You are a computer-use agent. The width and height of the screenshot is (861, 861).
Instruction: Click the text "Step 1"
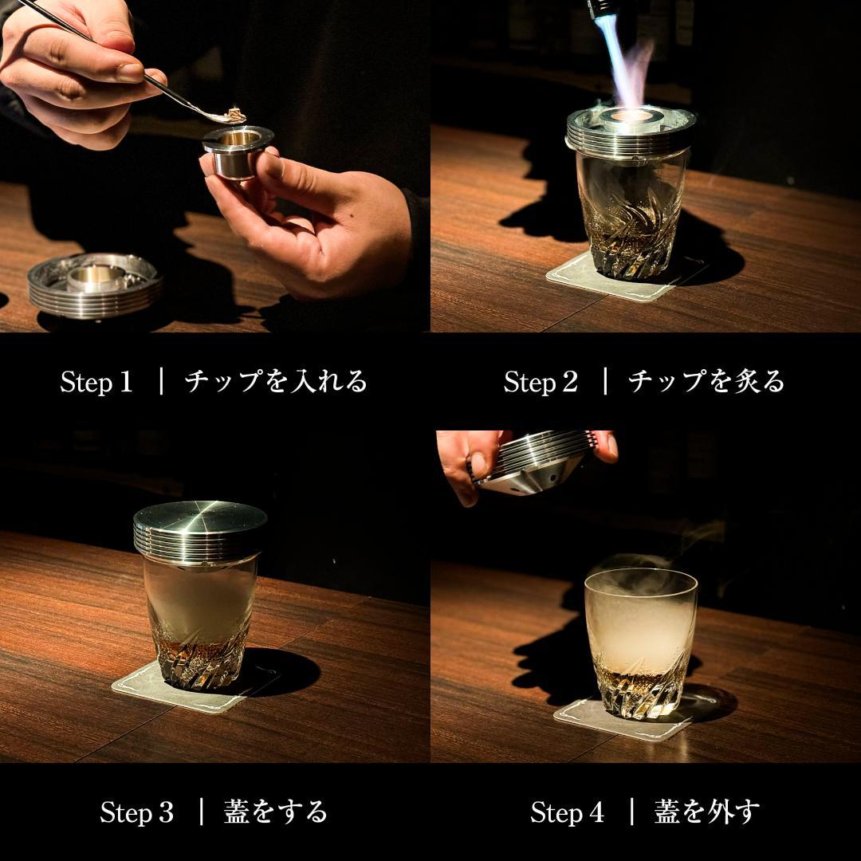coord(96,382)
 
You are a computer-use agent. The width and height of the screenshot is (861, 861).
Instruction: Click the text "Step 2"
coord(540,382)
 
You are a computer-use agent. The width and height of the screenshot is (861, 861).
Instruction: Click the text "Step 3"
coord(136,812)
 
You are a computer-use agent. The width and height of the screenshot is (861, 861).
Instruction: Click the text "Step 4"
coord(567,812)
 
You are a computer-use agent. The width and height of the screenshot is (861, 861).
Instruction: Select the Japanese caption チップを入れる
coord(276,381)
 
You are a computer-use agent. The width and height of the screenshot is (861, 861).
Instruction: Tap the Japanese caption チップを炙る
coord(706,381)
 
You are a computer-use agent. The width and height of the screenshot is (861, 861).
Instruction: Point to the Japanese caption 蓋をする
coord(276,812)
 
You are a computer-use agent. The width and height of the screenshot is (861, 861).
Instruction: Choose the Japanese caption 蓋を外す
coord(707,812)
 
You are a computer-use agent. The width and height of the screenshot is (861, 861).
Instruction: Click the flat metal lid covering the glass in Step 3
coord(199,526)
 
